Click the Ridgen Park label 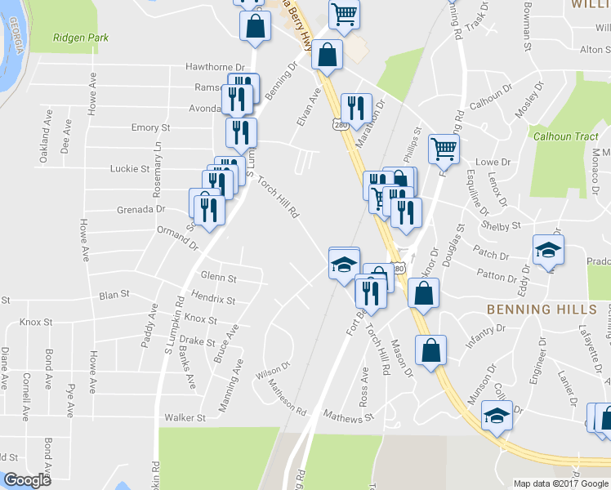coord(81,38)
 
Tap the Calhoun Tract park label coord(566,137)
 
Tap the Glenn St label coord(218,277)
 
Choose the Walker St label coord(185,418)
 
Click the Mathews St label coord(348,416)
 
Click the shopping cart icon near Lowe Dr coord(444,148)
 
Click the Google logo coord(27,480)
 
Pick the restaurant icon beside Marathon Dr coord(356,107)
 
